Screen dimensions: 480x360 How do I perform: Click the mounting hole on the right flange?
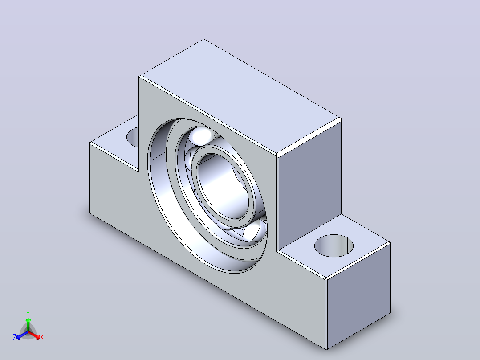tap(334, 246)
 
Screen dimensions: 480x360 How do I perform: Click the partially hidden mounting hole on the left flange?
tap(133, 137)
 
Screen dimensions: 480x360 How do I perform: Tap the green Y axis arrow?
tap(28, 324)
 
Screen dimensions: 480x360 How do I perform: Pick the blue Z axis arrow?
tap(22, 335)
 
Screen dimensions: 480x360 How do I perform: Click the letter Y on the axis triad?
tap(28, 313)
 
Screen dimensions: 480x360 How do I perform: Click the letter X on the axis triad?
tap(42, 337)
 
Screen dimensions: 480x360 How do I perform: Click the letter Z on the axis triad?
tap(14, 337)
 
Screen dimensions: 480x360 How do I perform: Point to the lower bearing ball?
tap(255, 231)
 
